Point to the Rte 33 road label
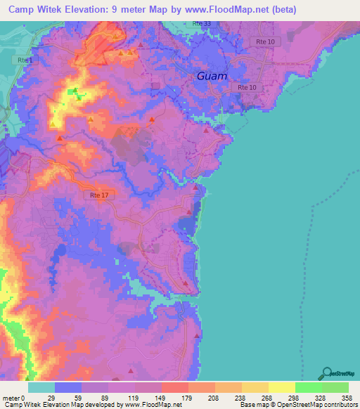point(201,23)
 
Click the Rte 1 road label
point(25,60)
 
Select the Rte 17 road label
point(99,195)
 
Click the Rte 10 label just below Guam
point(247,87)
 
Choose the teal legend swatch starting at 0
point(41,387)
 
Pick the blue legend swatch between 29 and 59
point(67,387)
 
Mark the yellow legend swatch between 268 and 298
point(281,387)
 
